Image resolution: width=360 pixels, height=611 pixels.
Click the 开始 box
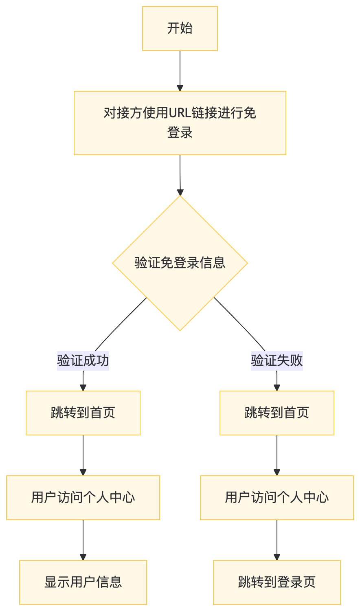coord(180,29)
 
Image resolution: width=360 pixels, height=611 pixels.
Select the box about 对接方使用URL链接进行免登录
coord(180,123)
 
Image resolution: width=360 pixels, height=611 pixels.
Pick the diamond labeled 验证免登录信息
coord(180,263)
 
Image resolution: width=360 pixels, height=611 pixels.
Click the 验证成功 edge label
coord(83,360)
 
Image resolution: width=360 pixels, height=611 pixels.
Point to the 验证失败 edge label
coord(277,360)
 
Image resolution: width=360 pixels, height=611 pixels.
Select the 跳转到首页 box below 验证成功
coord(83,413)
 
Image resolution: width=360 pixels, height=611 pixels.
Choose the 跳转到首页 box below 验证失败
coord(277,413)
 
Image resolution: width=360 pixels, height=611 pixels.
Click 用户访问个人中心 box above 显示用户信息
coord(83,497)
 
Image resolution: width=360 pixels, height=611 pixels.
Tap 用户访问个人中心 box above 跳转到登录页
coord(277,497)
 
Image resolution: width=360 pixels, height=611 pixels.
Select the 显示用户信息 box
coord(83,582)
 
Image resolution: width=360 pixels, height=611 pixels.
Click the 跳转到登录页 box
coord(277,582)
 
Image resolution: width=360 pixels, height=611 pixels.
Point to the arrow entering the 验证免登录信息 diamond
coord(180,175)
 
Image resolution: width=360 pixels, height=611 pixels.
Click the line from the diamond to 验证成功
coord(120,324)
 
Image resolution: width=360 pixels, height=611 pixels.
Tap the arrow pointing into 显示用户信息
coord(83,540)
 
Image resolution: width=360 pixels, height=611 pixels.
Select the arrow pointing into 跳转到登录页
coord(277,540)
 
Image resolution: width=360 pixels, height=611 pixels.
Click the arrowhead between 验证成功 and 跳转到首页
coord(83,387)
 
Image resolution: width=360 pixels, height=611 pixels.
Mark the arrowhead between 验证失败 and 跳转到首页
coord(277,387)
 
